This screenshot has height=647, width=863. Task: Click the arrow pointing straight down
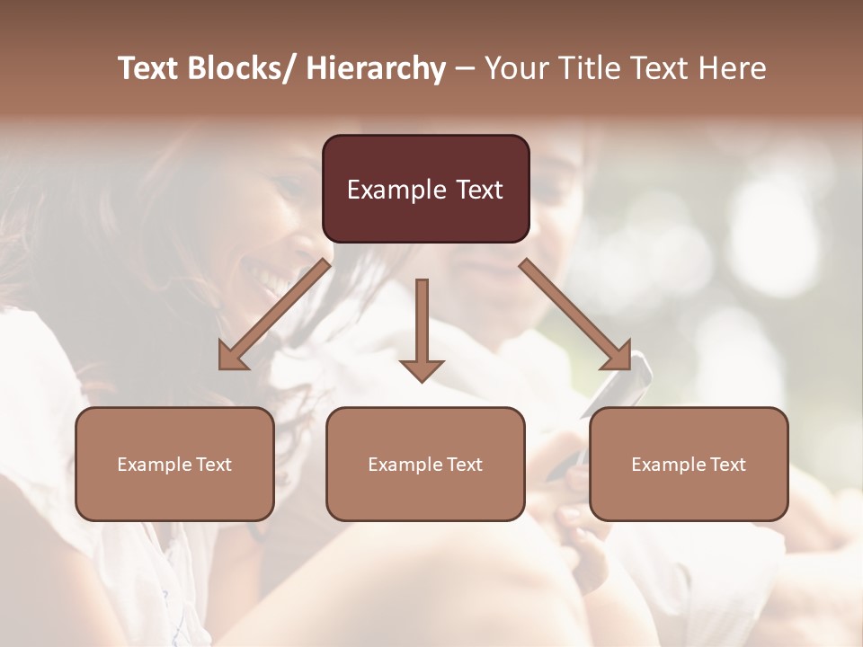click(x=422, y=323)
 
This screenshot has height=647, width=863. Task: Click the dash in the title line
click(x=465, y=69)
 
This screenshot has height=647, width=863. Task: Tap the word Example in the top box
click(x=396, y=190)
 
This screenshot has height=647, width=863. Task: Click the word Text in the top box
click(x=477, y=190)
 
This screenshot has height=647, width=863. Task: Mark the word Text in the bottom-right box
click(x=727, y=465)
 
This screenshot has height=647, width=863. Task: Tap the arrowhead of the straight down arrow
click(x=422, y=369)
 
